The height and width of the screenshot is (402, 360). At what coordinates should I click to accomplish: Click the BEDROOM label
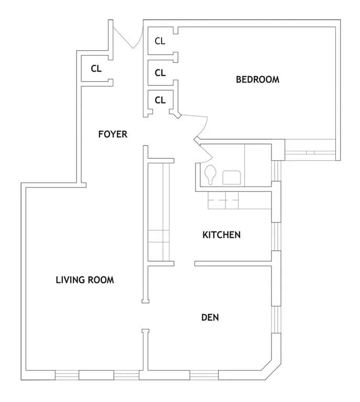tap(257, 80)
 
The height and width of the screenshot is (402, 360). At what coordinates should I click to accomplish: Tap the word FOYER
tap(113, 134)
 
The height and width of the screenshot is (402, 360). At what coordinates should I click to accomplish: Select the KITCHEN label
tap(222, 235)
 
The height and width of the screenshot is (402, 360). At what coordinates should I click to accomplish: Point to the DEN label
tap(210, 317)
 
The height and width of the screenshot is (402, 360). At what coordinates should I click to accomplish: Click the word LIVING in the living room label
tap(68, 280)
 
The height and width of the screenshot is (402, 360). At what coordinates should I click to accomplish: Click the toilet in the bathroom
tap(211, 174)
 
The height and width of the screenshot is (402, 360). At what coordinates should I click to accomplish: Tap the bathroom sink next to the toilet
tap(232, 177)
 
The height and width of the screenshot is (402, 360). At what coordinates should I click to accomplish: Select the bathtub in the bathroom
tap(258, 165)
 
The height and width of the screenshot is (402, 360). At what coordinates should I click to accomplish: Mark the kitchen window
tap(276, 237)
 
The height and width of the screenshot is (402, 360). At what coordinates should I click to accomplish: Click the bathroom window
tap(276, 171)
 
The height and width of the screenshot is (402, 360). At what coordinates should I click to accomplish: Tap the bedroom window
tap(310, 153)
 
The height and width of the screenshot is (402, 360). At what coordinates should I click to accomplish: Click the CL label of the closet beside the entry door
tap(96, 69)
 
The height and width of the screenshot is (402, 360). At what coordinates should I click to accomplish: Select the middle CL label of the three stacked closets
tap(160, 73)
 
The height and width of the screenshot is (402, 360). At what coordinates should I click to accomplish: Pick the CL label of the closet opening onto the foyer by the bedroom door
tap(160, 100)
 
